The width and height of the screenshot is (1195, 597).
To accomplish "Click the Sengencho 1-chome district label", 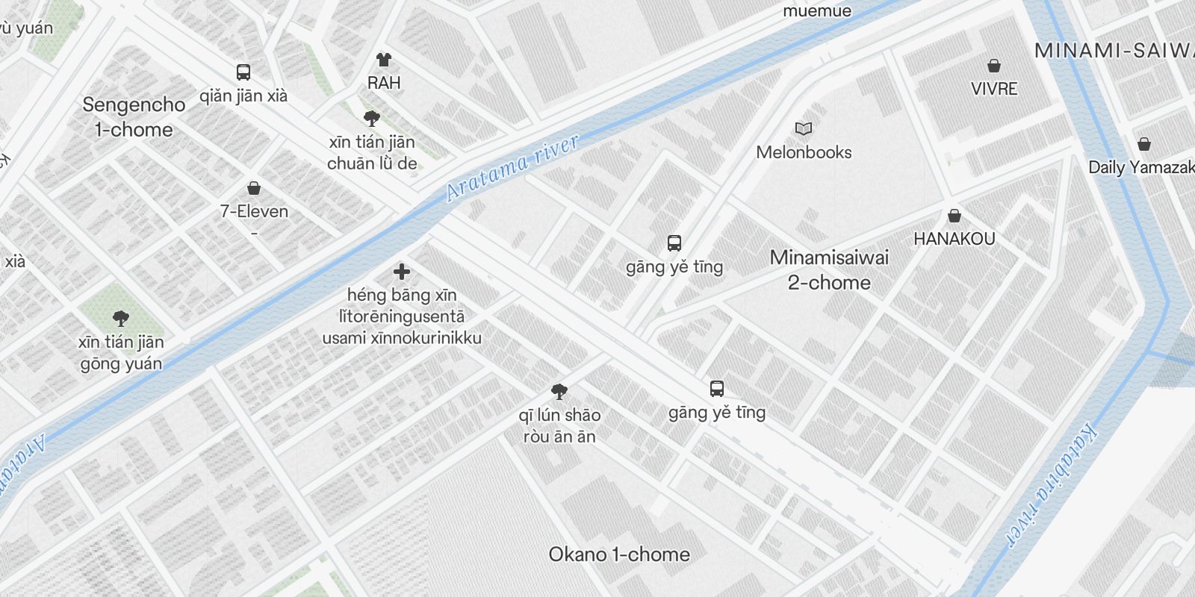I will click(x=134, y=117).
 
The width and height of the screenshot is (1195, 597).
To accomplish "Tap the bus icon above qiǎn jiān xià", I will click(x=243, y=72).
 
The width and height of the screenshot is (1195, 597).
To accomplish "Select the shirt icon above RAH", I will click(x=384, y=60).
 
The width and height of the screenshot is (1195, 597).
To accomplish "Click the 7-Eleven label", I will click(x=254, y=211).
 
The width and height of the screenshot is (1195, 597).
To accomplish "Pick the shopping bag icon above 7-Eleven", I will click(x=254, y=188).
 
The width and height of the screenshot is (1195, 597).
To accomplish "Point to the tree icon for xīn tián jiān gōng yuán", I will click(x=121, y=319).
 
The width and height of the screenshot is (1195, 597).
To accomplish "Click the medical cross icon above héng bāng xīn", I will click(x=402, y=272).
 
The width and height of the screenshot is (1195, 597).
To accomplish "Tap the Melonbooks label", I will click(x=804, y=152).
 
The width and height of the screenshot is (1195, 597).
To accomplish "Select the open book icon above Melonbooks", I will click(x=804, y=129).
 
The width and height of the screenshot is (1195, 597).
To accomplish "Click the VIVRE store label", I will click(x=994, y=89).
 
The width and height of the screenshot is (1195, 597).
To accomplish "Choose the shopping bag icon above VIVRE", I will click(x=994, y=66).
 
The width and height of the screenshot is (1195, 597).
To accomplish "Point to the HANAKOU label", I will click(x=955, y=239).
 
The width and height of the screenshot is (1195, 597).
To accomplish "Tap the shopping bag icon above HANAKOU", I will click(x=955, y=216).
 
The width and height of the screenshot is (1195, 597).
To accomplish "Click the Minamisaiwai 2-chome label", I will click(x=829, y=270).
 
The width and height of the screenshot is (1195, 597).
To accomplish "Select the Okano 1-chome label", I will click(x=619, y=554).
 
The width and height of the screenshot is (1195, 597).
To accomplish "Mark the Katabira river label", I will click(x=1053, y=485).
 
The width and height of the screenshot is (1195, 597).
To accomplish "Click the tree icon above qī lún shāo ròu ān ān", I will click(x=559, y=392).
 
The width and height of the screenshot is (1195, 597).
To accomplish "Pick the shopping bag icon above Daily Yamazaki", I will click(x=1144, y=144).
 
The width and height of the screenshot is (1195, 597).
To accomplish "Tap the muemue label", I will click(x=817, y=10).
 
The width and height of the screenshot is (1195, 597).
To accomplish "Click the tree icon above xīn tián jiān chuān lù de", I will click(x=372, y=119).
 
